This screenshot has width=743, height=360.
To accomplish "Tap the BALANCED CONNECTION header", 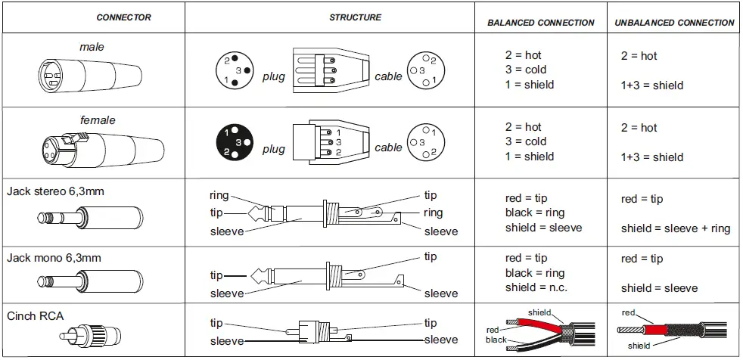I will pyautogui.click(x=540, y=23).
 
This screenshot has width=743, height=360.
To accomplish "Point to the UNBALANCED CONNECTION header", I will pyautogui.click(x=674, y=23).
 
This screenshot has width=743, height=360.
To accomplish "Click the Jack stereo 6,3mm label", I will pyautogui.click(x=55, y=191).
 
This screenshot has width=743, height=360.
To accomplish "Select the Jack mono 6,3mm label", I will pyautogui.click(x=53, y=258).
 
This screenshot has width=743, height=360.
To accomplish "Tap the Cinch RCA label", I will pyautogui.click(x=35, y=313).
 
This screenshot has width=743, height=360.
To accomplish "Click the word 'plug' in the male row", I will pyautogui.click(x=274, y=76).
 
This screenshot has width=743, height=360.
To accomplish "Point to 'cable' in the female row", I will pyautogui.click(x=388, y=147).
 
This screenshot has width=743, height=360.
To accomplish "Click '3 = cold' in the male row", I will pyautogui.click(x=525, y=70).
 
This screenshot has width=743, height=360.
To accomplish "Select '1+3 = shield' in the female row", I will pyautogui.click(x=651, y=157).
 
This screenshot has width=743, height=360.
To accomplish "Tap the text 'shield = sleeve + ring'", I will pyautogui.click(x=676, y=228).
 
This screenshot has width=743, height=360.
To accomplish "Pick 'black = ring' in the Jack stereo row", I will pyautogui.click(x=535, y=213).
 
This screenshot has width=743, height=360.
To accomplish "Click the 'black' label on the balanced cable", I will pyautogui.click(x=496, y=340).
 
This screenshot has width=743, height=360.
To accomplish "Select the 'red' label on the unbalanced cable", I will pyautogui.click(x=628, y=312).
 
